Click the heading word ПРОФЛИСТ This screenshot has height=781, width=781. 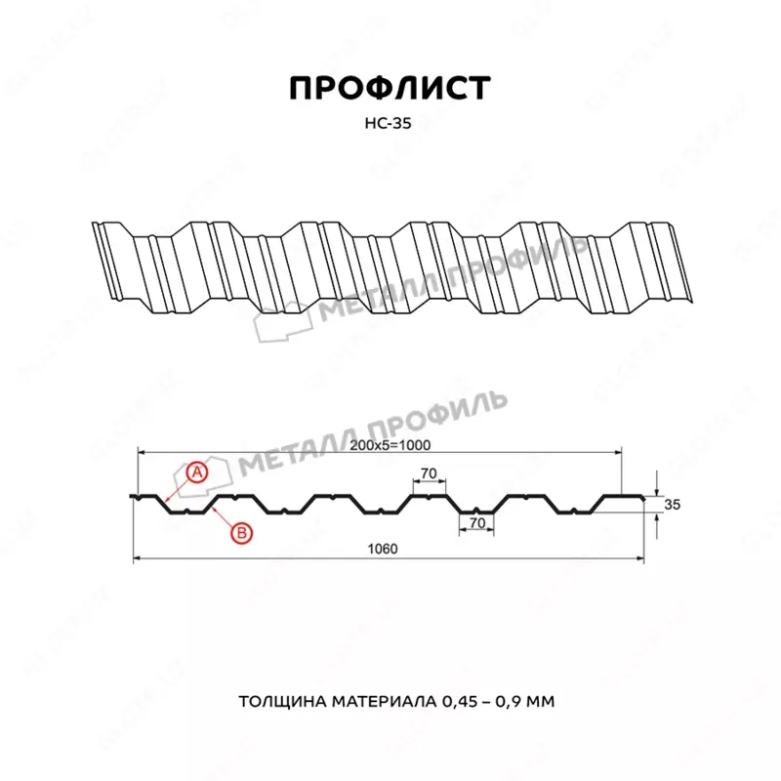pyautogui.click(x=390, y=88)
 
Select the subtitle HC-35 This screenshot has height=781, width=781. pyautogui.click(x=390, y=123)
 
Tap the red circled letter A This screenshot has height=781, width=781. pyautogui.click(x=196, y=473)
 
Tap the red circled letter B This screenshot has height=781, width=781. pyautogui.click(x=240, y=532)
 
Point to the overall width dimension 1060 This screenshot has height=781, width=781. pyautogui.click(x=385, y=548)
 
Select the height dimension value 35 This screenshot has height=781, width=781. pyautogui.click(x=671, y=505)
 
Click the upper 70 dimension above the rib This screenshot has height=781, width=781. pyautogui.click(x=427, y=474)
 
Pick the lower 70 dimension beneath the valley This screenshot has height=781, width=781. pyautogui.click(x=476, y=523)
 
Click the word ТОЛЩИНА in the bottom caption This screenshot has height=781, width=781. pyautogui.click(x=277, y=702)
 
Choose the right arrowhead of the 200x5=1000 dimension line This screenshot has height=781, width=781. pyautogui.click(x=617, y=453)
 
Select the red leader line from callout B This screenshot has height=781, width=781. pyautogui.click(x=224, y=518)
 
